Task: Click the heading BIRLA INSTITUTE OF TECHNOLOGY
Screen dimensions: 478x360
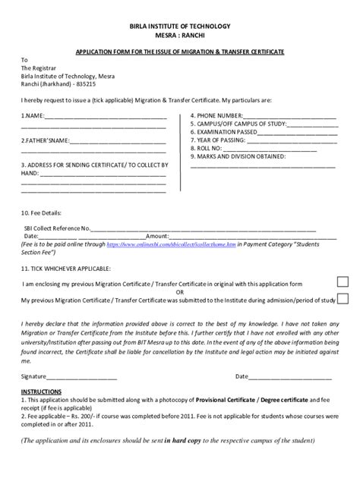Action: tap(180, 26)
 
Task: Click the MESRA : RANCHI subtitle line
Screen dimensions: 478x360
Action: tap(180, 36)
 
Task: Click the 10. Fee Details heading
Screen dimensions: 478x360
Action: tap(41, 213)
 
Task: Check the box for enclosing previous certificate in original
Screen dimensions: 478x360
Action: tap(343, 283)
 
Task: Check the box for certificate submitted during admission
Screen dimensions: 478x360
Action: tap(343, 299)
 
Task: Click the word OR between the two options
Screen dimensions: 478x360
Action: tap(180, 291)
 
